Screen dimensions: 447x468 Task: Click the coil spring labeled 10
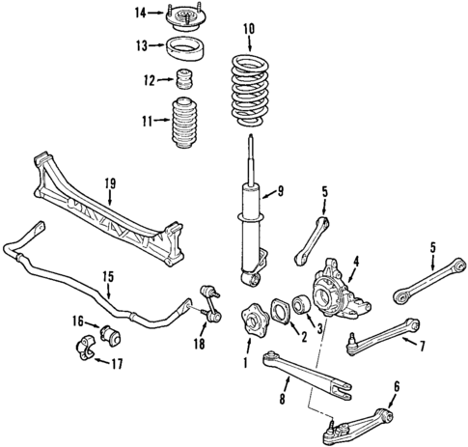coord(251,92)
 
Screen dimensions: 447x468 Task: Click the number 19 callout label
coord(109,182)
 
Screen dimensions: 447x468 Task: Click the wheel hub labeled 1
coord(257,320)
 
